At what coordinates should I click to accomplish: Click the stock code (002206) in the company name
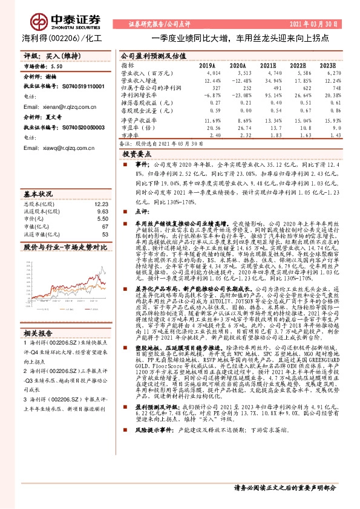click(62, 38)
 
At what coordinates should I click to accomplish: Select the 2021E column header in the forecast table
click(268, 65)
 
